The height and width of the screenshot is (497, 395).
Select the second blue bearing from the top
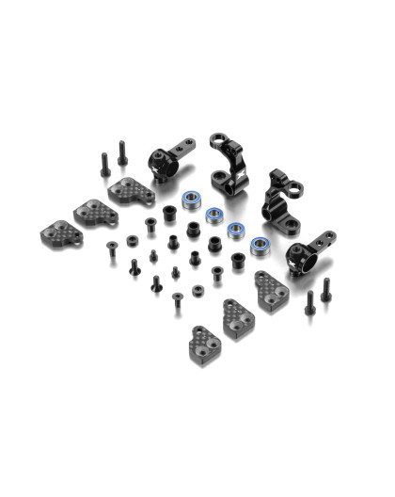214,215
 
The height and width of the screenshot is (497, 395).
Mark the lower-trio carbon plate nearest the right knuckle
269,289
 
